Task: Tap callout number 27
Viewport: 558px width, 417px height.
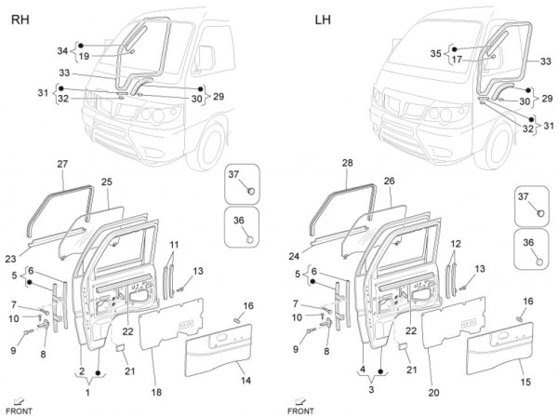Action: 62,164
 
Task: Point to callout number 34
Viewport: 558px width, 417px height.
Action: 62,51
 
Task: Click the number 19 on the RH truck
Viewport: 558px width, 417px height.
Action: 83,57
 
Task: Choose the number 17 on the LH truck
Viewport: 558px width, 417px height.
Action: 456,60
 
